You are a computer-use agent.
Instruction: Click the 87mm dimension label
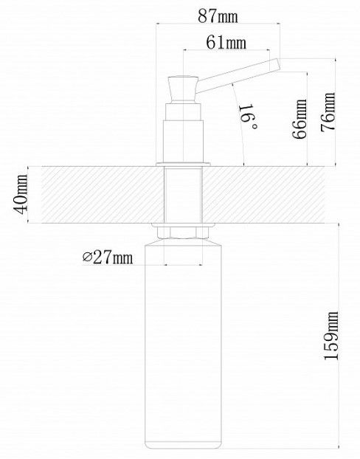[218, 16]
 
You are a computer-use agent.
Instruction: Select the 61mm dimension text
[226, 43]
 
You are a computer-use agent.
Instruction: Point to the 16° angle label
[248, 117]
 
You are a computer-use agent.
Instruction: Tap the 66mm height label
[300, 119]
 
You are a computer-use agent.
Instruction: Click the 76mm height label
[328, 112]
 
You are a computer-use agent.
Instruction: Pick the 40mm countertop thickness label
[20, 194]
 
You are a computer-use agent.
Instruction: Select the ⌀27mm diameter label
[108, 258]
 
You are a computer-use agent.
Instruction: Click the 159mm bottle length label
[331, 336]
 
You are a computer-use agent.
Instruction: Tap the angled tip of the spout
[278, 64]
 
